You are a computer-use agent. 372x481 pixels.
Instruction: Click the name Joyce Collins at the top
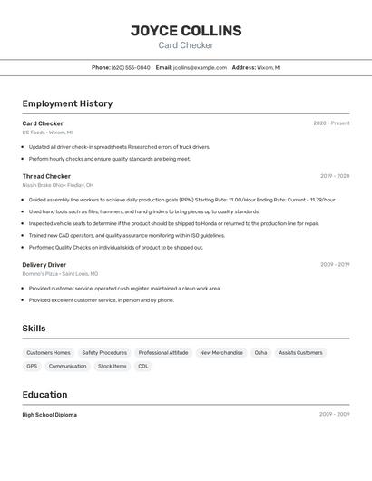[186, 30]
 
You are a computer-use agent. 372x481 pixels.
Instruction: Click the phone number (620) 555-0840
[131, 67]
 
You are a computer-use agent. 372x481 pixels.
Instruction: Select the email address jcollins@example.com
[200, 67]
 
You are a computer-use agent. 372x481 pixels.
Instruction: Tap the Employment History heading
[67, 103]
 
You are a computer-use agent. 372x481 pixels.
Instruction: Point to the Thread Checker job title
[46, 176]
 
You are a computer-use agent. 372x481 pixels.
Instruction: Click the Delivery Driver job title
[44, 265]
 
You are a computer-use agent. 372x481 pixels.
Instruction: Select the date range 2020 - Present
[331, 123]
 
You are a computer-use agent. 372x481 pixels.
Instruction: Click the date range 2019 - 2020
[334, 176]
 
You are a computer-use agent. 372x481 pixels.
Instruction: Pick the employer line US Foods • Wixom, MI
[47, 133]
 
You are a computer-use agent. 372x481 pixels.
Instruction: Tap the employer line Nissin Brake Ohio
[56, 185]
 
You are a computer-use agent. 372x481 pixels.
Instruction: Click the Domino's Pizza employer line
[60, 273]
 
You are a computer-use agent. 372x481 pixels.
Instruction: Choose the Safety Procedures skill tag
[104, 352]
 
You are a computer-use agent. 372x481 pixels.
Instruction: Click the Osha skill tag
[260, 352]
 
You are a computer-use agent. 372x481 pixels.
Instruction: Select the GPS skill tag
[32, 366]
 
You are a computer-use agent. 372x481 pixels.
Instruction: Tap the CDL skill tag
[142, 366]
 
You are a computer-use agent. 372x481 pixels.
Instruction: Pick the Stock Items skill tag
[113, 366]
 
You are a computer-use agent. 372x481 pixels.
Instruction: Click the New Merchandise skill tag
[221, 352]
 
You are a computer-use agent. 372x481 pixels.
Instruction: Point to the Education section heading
[45, 395]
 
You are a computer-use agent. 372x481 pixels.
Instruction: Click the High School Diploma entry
[50, 415]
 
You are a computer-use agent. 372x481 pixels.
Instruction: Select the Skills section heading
[34, 329]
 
